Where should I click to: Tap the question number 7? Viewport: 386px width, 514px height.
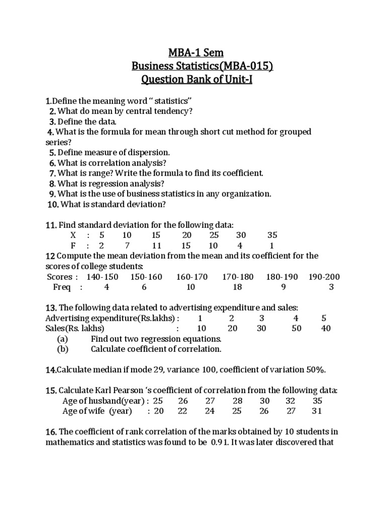click(52, 173)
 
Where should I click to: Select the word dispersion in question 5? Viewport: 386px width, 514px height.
click(147, 152)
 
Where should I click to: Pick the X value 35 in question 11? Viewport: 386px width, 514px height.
click(272, 235)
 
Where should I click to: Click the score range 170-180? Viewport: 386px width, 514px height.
click(238, 277)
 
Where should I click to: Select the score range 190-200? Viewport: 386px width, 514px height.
click(324, 277)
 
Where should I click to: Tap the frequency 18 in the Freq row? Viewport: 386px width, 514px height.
click(237, 287)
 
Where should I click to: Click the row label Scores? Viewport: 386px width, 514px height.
click(60, 277)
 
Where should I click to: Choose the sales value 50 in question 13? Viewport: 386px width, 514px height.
click(296, 328)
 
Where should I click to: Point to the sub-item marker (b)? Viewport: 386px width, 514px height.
click(62, 349)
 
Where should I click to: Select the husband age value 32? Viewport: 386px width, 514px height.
click(291, 401)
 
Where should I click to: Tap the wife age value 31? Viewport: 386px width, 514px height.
click(316, 411)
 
